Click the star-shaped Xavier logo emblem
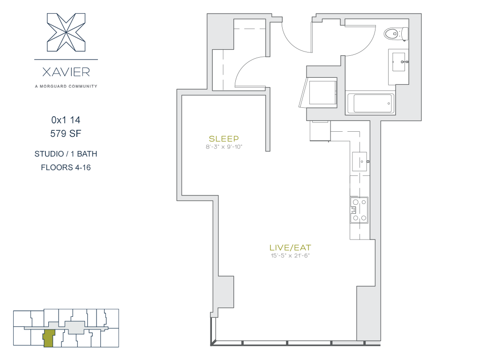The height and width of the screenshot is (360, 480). (66, 32)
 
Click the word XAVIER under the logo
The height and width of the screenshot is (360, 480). (66, 72)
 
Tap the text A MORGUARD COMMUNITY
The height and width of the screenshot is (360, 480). (66, 86)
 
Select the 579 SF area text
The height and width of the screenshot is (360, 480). (66, 134)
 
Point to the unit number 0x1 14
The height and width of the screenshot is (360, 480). (66, 120)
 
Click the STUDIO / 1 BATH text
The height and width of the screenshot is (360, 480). (66, 154)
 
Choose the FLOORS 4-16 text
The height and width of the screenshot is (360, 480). (66, 167)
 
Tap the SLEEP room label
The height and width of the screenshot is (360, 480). (224, 139)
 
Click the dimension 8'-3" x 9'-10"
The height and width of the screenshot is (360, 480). (224, 147)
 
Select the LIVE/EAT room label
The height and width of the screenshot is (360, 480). (290, 247)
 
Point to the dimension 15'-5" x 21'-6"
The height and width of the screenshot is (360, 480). (290, 255)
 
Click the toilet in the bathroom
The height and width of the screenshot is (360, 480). (396, 34)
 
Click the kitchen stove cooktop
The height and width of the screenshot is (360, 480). (359, 210)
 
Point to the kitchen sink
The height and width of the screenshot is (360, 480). (360, 161)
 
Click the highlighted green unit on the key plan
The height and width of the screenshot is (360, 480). (48, 338)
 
